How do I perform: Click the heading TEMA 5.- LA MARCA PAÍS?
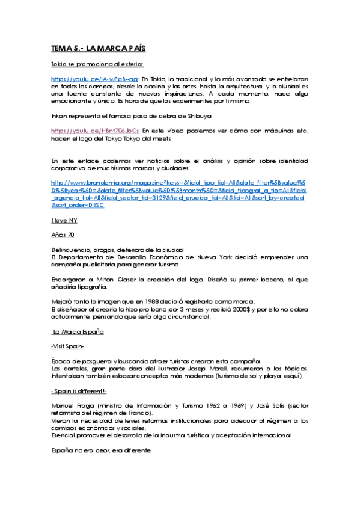point(98,48)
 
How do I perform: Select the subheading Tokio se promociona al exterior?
point(97,63)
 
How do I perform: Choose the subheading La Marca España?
point(79,331)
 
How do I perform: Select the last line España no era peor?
point(101,450)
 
